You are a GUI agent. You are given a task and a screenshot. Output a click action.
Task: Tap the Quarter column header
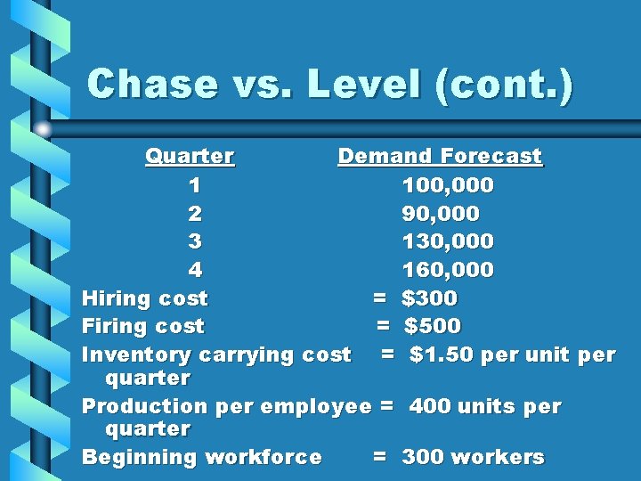pyautogui.click(x=190, y=157)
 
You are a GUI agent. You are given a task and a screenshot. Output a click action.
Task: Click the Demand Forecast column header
pyautogui.click(x=439, y=157)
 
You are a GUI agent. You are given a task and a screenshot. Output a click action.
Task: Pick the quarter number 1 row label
pyautogui.click(x=195, y=186)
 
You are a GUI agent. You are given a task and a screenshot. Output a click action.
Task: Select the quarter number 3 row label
pyautogui.click(x=195, y=241)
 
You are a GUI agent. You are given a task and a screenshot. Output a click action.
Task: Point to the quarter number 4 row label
pyautogui.click(x=195, y=269)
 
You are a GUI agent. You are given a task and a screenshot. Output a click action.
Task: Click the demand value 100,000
pyautogui.click(x=448, y=186)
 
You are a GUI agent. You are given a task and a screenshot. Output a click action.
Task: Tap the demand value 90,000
pyautogui.click(x=441, y=214)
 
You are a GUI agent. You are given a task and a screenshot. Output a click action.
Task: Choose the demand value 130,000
pyautogui.click(x=448, y=241)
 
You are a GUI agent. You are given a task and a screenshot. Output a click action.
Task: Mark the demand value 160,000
pyautogui.click(x=448, y=269)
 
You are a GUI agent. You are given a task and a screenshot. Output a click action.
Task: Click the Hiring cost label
pyautogui.click(x=144, y=298)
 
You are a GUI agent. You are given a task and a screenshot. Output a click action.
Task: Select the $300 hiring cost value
pyautogui.click(x=429, y=298)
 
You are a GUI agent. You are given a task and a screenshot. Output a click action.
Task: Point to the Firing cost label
pyautogui.click(x=142, y=326)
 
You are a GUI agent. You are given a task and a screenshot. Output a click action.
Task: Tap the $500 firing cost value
pyautogui.click(x=433, y=326)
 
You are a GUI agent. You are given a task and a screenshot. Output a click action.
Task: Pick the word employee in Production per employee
pyautogui.click(x=320, y=406)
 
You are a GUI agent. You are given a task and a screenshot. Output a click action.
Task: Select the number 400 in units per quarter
pyautogui.click(x=431, y=406)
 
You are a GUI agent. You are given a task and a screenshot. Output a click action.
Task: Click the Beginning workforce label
pyautogui.click(x=201, y=457)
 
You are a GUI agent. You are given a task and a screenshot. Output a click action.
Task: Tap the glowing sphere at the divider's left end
pyautogui.click(x=42, y=129)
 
